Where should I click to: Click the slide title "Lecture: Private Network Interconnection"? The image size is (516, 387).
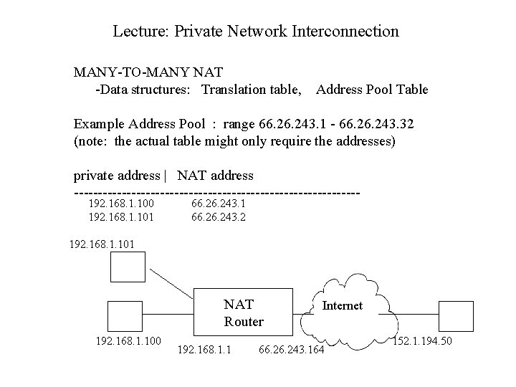[x=256, y=32]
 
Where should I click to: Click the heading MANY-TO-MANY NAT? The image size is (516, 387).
[x=148, y=72]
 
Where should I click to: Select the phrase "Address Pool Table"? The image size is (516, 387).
[x=371, y=90]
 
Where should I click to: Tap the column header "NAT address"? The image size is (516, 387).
[x=215, y=175]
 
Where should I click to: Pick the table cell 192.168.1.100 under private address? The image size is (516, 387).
[x=120, y=203]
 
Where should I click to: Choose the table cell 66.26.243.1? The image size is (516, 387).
[x=218, y=203]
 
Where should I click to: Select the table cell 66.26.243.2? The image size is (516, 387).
[x=218, y=216]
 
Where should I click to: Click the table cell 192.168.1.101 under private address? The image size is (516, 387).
[x=120, y=216]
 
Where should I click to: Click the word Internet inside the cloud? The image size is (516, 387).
[x=343, y=306]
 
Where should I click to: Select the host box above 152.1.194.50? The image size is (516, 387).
[x=457, y=316]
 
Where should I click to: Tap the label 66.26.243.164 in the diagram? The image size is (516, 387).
[x=291, y=350]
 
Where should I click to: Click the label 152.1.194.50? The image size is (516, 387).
[x=424, y=340]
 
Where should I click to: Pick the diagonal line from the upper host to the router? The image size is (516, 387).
[x=175, y=281]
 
